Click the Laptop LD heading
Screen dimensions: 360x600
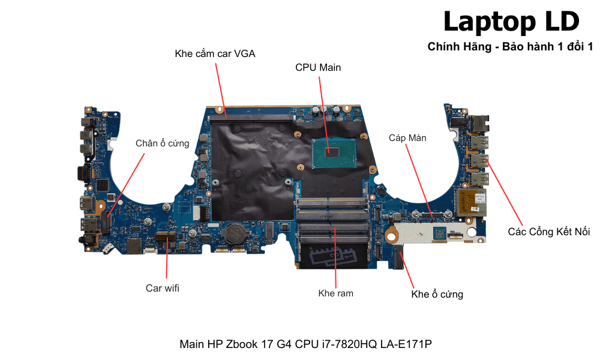coord(511,22)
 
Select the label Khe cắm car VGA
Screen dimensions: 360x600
coord(215,53)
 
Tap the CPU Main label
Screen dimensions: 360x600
coord(318,67)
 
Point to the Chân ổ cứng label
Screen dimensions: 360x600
coord(162,143)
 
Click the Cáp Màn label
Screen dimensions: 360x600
coord(407,138)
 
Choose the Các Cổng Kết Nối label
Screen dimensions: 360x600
coord(549,232)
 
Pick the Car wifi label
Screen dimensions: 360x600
coord(163,288)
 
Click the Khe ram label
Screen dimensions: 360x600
coord(335,293)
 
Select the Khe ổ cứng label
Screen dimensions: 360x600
coord(437,294)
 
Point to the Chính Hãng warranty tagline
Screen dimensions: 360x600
coord(510,47)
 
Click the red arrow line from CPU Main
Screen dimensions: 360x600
coord(324,111)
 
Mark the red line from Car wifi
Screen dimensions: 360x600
coord(164,258)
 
